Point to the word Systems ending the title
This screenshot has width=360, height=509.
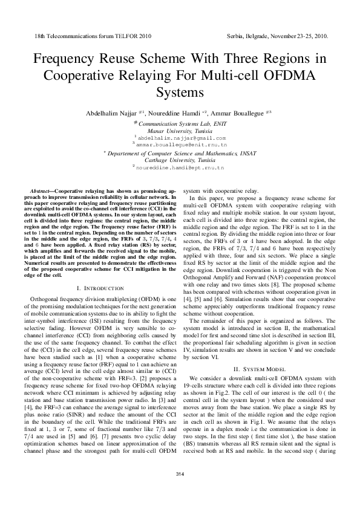click(x=180, y=94)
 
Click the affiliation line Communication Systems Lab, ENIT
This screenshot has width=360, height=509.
click(x=180, y=123)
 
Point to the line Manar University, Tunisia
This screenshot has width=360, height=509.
click(x=180, y=131)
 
